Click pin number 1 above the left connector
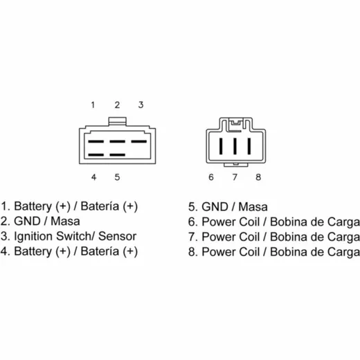(x=93, y=105)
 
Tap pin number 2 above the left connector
(x=117, y=105)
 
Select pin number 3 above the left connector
(x=141, y=105)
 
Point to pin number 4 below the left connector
(x=93, y=177)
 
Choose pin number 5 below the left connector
(x=117, y=177)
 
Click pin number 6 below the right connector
(x=211, y=177)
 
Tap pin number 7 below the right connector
(x=235, y=177)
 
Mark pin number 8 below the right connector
(x=258, y=177)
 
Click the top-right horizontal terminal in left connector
(x=139, y=141)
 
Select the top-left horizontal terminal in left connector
(x=96, y=141)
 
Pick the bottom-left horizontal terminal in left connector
(x=96, y=155)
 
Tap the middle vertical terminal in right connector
(x=235, y=146)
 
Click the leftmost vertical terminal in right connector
(x=221, y=146)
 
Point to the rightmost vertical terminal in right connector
(x=249, y=146)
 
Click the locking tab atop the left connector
(x=118, y=121)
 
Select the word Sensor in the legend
(x=117, y=236)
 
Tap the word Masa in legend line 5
(x=253, y=207)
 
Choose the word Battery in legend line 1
(x=33, y=206)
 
